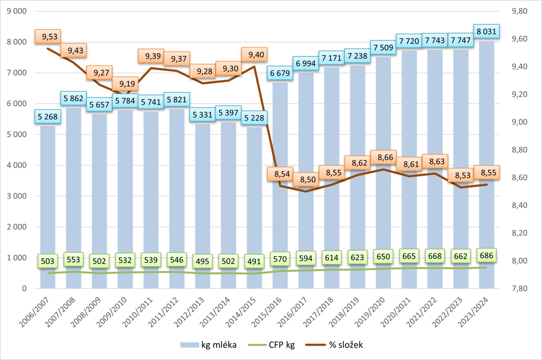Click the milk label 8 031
(486, 31)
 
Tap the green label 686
(486, 255)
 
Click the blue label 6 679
(280, 73)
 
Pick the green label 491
(254, 261)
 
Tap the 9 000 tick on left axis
(17, 11)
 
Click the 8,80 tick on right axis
(520, 150)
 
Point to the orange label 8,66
(385, 158)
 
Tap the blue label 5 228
(254, 118)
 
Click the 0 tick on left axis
(24, 288)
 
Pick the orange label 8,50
(308, 179)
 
